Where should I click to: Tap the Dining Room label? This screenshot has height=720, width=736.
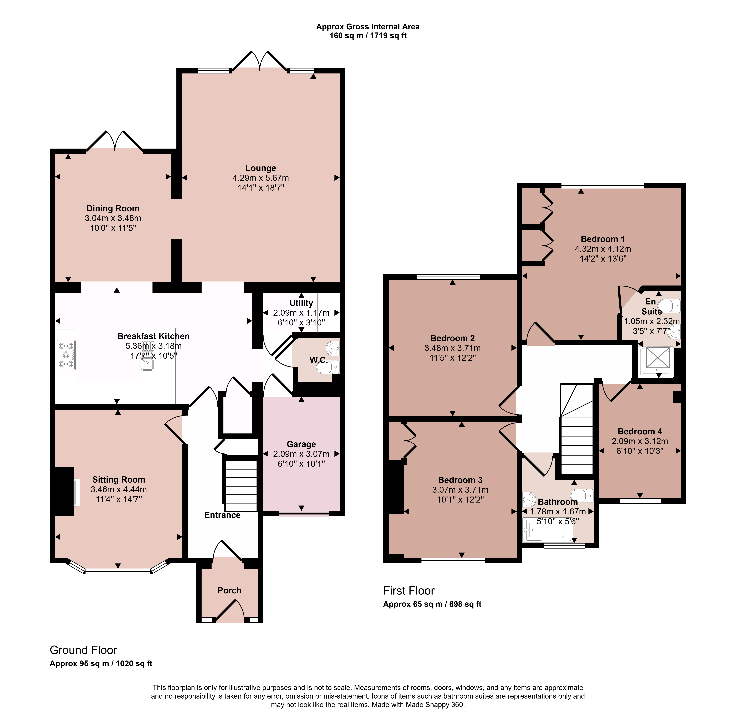tap(113, 208)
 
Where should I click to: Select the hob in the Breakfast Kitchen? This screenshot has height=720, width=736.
tap(66, 355)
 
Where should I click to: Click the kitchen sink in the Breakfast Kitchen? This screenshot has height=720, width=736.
tap(147, 359)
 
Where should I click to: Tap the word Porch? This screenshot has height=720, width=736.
tap(229, 590)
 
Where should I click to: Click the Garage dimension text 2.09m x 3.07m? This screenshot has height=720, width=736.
tap(301, 454)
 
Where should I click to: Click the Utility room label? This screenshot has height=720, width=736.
tap(301, 303)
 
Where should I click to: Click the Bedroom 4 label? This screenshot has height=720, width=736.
tap(640, 431)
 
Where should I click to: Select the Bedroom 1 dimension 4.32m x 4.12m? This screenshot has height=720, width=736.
tap(603, 249)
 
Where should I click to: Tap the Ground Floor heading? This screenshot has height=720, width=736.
tap(84, 650)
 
